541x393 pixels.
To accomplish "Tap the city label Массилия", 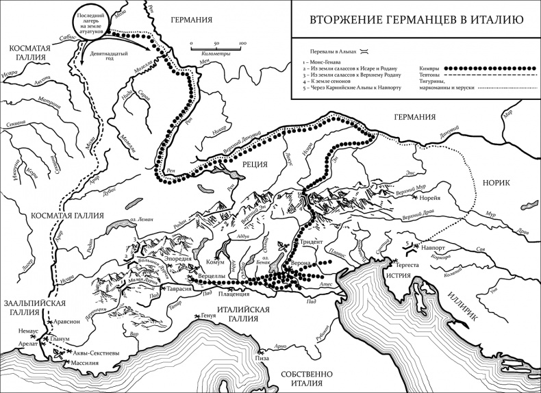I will click(x=77, y=362).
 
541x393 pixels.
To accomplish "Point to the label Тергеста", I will click(x=403, y=263).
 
